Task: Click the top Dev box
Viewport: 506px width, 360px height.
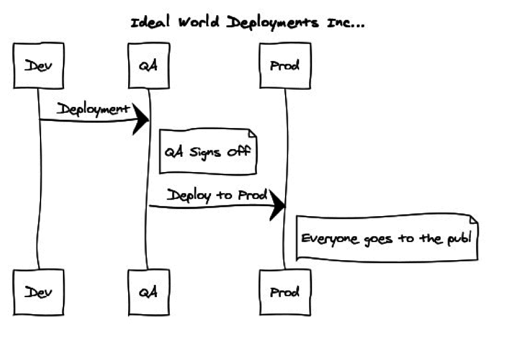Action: pyautogui.click(x=38, y=65)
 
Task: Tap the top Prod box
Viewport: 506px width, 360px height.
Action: pyautogui.click(x=284, y=65)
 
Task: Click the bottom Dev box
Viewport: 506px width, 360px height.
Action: pyautogui.click(x=38, y=292)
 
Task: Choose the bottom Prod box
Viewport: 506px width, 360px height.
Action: pyautogui.click(x=284, y=292)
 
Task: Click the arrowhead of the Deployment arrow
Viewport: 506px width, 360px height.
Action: pyautogui.click(x=141, y=120)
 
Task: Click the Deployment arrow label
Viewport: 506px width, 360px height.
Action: pyautogui.click(x=93, y=109)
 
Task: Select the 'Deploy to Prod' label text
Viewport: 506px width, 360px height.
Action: pyautogui.click(x=217, y=195)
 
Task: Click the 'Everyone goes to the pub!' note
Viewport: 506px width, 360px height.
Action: pyautogui.click(x=386, y=238)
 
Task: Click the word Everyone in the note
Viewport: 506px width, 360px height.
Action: pyautogui.click(x=326, y=238)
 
